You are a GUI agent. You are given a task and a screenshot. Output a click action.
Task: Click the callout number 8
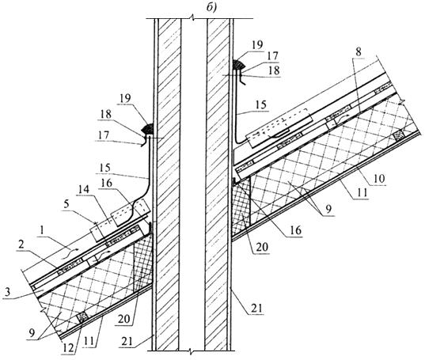(359, 52)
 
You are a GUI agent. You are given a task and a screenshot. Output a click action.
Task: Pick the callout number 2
(21, 245)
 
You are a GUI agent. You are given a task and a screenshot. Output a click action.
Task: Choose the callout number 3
(7, 292)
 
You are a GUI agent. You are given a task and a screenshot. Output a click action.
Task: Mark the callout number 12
(68, 348)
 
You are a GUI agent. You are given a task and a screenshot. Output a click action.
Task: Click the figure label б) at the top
(211, 8)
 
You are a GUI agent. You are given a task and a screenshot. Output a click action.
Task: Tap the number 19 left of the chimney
(125, 98)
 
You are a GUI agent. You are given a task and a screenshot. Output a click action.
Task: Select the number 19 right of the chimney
(256, 44)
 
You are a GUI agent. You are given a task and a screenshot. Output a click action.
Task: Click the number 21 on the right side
(256, 309)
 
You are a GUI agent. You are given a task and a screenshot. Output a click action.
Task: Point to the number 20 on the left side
(124, 319)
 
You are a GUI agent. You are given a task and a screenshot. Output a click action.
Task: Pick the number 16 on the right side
(295, 230)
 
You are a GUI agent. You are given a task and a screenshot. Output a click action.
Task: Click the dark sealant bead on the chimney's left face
(148, 129)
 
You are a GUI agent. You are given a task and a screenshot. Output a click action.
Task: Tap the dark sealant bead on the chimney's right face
(238, 65)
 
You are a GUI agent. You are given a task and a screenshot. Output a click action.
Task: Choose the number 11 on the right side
(362, 192)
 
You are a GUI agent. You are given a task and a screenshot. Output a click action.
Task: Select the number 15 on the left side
(104, 169)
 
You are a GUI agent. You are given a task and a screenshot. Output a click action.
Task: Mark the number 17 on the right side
(272, 56)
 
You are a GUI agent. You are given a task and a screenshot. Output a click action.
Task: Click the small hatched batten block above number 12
(82, 317)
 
